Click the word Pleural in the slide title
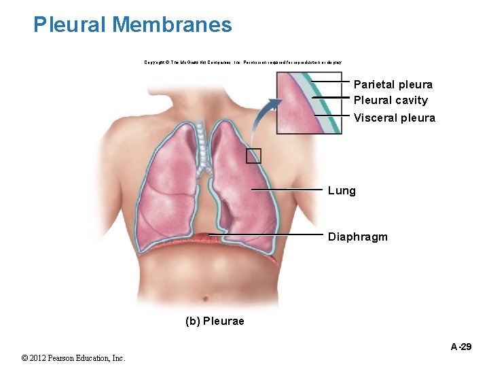(x=71, y=25)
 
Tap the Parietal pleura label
(x=393, y=84)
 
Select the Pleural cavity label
(x=391, y=100)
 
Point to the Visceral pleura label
(x=394, y=118)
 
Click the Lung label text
(x=342, y=190)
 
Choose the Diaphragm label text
(x=357, y=237)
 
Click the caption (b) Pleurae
(x=215, y=320)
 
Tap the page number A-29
(x=462, y=347)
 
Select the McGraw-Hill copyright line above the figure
(x=243, y=62)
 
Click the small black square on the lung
(x=253, y=156)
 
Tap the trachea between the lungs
(x=202, y=136)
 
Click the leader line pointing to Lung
(x=285, y=189)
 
